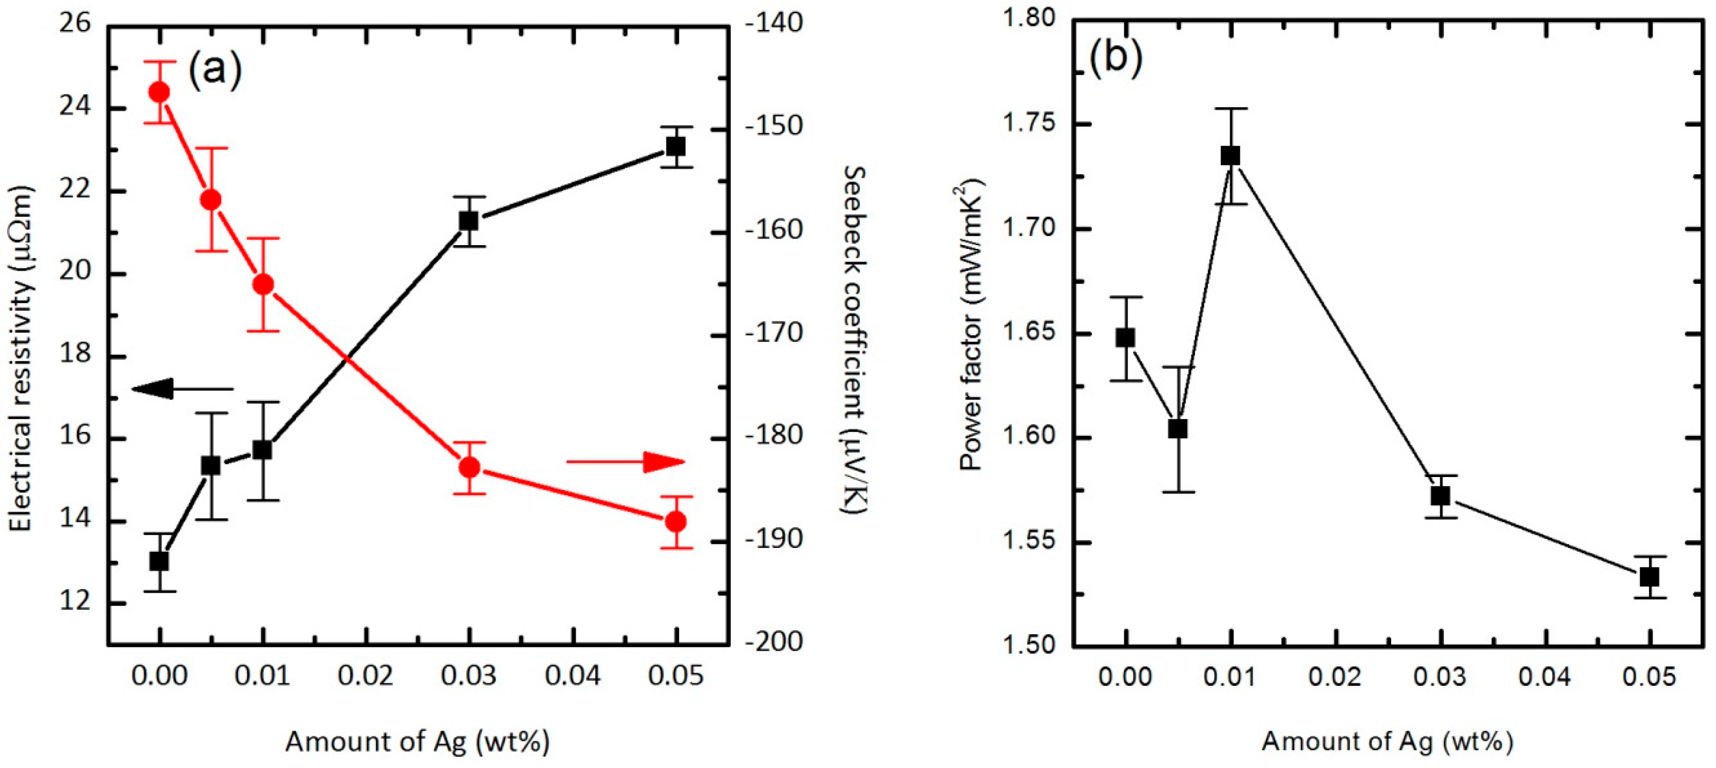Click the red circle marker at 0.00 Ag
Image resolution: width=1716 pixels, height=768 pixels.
tap(159, 92)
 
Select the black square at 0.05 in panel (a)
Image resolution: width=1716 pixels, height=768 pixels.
tap(676, 146)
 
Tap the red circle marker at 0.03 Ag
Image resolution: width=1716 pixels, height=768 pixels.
tap(470, 468)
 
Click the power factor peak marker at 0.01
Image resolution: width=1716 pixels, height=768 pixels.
tap(1230, 156)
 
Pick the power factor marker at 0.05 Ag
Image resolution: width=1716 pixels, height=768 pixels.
tap(1649, 577)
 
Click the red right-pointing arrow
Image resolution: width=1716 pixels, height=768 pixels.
tap(626, 461)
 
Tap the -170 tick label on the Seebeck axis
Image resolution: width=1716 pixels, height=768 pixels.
tap(773, 333)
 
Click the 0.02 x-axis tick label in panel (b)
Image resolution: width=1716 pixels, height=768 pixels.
tap(1335, 677)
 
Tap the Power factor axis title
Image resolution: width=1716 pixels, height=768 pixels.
tap(971, 325)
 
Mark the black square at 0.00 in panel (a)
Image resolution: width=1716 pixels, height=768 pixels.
tap(159, 562)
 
